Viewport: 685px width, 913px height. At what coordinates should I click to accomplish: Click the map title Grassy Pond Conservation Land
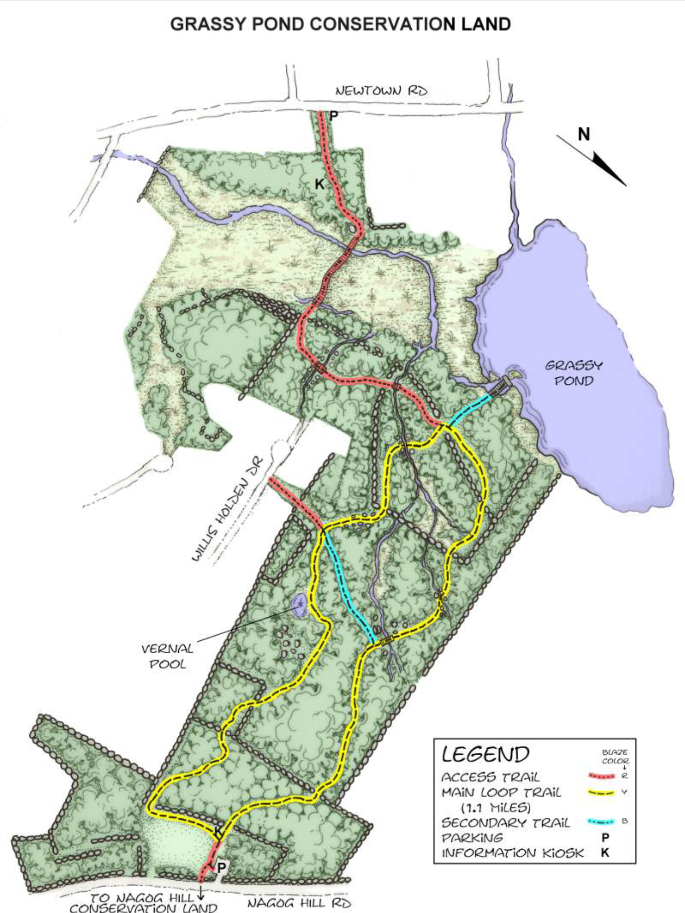point(341,24)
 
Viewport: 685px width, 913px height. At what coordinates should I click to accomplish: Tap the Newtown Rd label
point(381,91)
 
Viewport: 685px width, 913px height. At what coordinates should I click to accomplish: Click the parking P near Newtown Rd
point(334,116)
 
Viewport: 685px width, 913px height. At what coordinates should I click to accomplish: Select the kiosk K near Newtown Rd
point(320,184)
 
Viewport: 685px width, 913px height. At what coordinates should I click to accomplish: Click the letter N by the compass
point(583,134)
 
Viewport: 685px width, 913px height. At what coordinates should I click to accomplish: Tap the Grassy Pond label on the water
point(574,373)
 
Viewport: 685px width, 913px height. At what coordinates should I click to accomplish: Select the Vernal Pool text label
point(167,656)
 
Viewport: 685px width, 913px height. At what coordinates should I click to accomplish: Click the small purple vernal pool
point(299,604)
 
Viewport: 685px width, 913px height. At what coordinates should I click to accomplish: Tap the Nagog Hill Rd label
point(299,903)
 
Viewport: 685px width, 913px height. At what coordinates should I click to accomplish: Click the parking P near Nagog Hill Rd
point(222,868)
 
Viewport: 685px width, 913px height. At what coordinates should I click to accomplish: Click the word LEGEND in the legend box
point(485,754)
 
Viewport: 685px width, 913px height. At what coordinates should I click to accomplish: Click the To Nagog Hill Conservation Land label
point(142,903)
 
